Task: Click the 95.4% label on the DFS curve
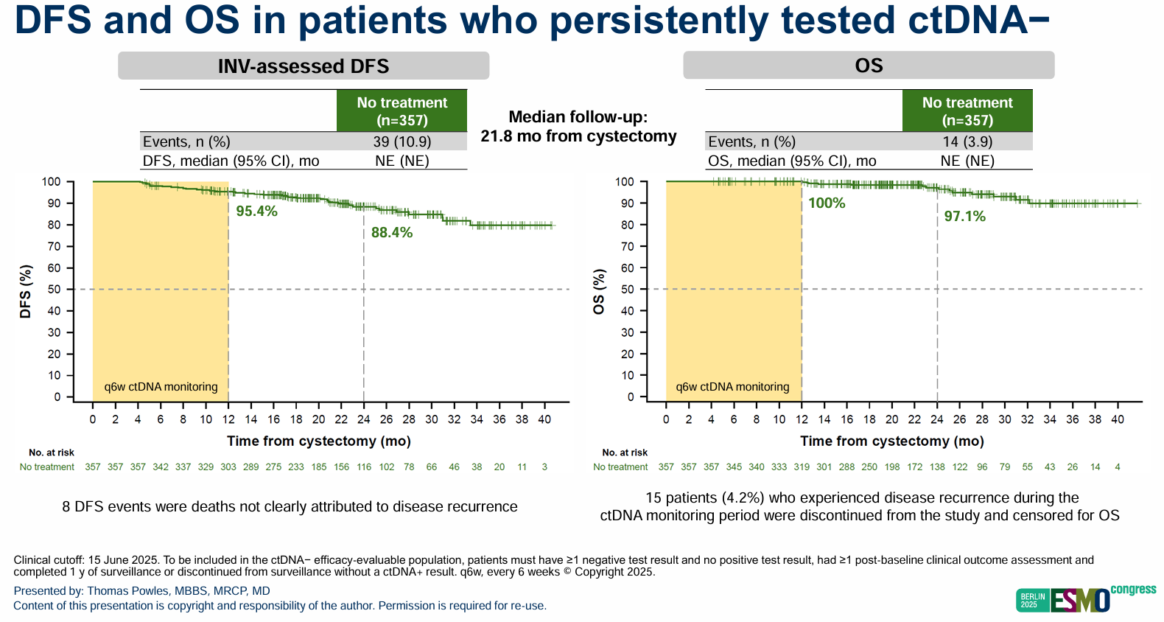coord(256,211)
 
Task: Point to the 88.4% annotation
coord(392,232)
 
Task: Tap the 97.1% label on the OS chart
coord(964,216)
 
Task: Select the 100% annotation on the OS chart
coord(827,203)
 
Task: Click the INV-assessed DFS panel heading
coord(304,66)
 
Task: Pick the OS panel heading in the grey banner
coord(869,66)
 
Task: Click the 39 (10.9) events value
coord(402,141)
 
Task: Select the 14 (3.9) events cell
coord(967,141)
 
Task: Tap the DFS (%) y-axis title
coord(26,292)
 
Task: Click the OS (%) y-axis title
coord(599,292)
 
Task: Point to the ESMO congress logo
coord(1086,600)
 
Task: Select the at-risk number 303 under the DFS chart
coord(228,466)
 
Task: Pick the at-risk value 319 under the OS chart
coord(802,466)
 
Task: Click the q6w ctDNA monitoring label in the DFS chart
coord(161,387)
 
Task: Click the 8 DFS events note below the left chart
coord(290,506)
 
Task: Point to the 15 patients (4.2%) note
coord(860,506)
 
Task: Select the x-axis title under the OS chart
coord(891,441)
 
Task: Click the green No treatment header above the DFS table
coord(402,111)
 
